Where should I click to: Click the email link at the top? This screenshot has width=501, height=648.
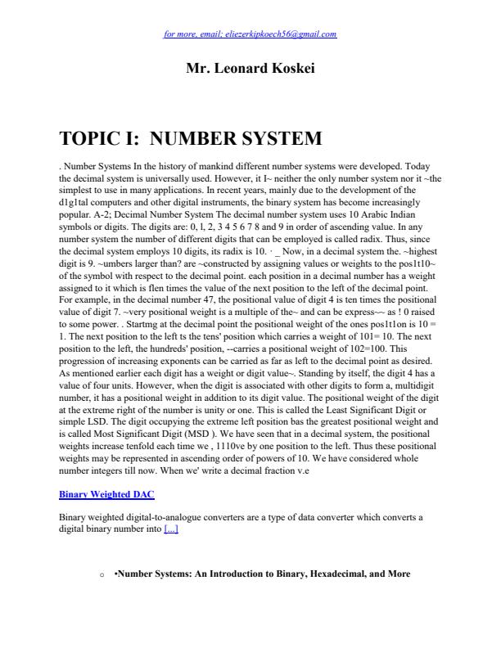[250, 34]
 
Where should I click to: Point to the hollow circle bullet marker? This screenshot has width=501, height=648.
[100, 575]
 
